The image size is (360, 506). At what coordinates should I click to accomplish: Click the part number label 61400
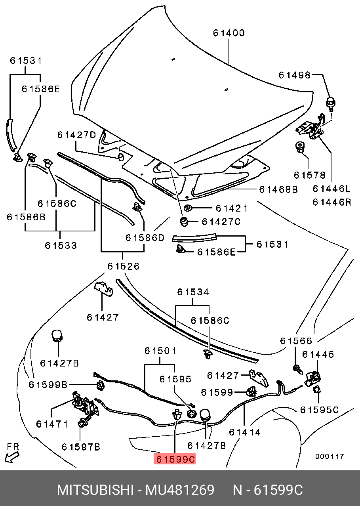point(229,33)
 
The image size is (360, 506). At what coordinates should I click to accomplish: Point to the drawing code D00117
point(330,456)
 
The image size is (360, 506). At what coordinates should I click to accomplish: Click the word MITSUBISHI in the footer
point(95,490)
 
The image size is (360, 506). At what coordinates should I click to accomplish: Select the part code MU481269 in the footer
point(180,490)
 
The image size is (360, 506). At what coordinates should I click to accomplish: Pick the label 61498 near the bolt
point(295,75)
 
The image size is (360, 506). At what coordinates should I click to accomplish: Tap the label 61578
point(309,175)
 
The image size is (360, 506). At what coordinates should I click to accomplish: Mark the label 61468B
point(278,189)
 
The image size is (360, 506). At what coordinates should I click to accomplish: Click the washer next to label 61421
point(188,208)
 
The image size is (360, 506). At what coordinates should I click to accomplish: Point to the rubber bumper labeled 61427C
point(184,221)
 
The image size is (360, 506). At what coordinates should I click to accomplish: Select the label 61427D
point(76,135)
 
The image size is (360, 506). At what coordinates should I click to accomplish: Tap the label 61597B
point(81,447)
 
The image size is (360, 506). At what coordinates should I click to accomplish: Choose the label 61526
point(123,266)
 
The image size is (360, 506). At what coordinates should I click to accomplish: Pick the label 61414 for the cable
point(244,432)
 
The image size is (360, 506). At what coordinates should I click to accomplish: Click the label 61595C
point(319,410)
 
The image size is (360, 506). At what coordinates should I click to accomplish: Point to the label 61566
point(296,341)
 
